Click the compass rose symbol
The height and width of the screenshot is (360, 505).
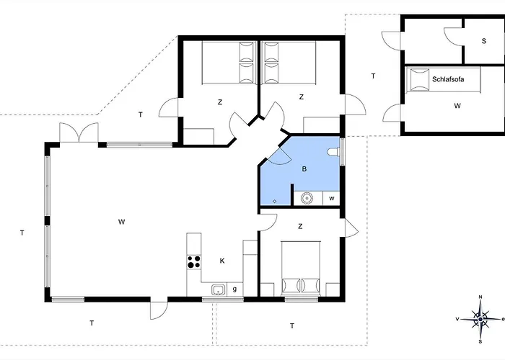[480, 317]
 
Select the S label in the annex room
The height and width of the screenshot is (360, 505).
[483, 40]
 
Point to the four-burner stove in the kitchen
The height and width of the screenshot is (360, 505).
[193, 262]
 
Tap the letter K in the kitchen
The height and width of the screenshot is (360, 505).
[222, 261]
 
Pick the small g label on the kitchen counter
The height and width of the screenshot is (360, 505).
[234, 289]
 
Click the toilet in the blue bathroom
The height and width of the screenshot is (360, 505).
[333, 153]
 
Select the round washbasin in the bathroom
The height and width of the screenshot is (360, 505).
[306, 197]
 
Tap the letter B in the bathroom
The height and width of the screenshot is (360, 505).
[304, 170]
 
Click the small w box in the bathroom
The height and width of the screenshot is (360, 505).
[332, 197]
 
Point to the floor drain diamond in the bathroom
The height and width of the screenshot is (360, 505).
[275, 201]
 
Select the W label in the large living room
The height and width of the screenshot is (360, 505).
[121, 222]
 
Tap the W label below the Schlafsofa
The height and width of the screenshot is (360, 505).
[457, 106]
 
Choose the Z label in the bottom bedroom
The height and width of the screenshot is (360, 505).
[300, 227]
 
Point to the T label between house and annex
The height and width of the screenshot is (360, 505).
[373, 76]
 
